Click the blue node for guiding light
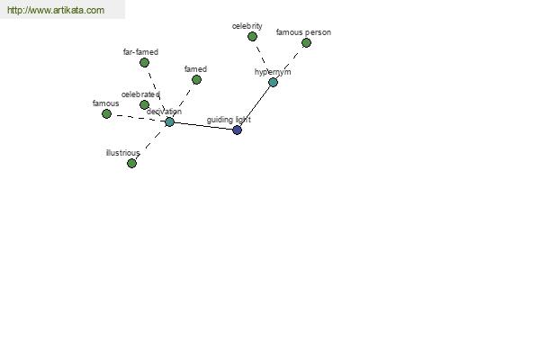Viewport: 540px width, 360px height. [x=237, y=130]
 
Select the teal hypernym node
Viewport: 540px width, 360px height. [x=273, y=82]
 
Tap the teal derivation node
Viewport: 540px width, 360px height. [x=169, y=121]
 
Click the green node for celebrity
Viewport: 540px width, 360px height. [x=252, y=36]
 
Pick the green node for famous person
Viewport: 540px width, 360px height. [x=306, y=42]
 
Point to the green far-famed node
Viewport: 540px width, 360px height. [x=145, y=62]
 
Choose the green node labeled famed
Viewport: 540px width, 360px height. [x=196, y=79]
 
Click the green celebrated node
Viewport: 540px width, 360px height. [x=145, y=104]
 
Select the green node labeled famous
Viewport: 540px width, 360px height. [x=107, y=113]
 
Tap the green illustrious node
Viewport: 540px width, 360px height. [x=132, y=163]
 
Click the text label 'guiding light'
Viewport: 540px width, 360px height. [x=229, y=120]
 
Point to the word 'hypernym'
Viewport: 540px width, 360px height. [x=273, y=72]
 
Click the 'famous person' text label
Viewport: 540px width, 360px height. [x=303, y=32]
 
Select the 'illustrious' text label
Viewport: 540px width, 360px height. [x=123, y=153]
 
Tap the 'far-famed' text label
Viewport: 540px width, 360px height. [x=140, y=52]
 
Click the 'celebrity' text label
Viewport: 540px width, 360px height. [x=247, y=26]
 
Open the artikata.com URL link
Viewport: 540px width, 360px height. [x=56, y=10]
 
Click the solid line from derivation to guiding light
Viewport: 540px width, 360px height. [x=203, y=126]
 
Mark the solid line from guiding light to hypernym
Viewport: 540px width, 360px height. [x=255, y=106]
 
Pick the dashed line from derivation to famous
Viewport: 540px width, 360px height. [x=138, y=118]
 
